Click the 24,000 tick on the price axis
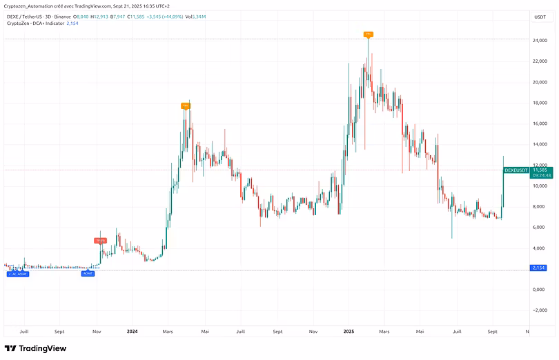540,40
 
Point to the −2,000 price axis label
540,310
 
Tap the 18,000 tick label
540,103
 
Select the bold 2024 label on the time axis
133,331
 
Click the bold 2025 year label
349,331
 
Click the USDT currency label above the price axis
540,17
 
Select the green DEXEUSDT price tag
516,170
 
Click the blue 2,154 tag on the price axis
540,268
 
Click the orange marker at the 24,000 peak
369,34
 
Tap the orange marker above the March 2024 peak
185,106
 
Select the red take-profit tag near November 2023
100,240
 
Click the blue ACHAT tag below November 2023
88,274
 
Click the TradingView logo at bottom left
36,348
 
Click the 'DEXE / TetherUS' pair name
26,16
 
